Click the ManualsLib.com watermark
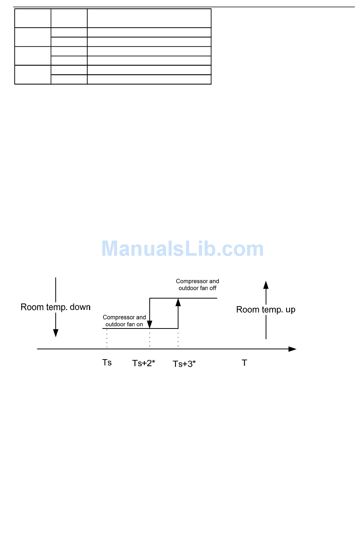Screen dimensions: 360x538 (182, 249)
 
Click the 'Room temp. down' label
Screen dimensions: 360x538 (55, 307)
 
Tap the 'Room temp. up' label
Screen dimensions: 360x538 (266, 310)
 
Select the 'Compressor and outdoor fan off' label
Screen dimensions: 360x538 (197, 285)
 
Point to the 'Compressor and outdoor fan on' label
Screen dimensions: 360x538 (124, 321)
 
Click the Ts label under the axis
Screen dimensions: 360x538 (107, 363)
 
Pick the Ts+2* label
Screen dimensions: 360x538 (144, 363)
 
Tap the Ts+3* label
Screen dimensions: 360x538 (184, 364)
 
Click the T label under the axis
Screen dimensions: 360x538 (244, 363)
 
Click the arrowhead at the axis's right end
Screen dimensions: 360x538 (293, 349)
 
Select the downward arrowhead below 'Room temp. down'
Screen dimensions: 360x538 (56, 333)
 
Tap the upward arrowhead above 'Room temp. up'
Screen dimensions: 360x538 (266, 285)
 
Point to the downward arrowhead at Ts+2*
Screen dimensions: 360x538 (150, 324)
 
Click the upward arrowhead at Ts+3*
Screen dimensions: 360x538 (178, 302)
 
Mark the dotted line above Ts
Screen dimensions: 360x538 (107, 338)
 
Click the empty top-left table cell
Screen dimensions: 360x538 (33, 18)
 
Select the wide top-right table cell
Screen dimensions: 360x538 (149, 18)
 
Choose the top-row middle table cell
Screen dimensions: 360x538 (69, 18)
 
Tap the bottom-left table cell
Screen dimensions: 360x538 (33, 75)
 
